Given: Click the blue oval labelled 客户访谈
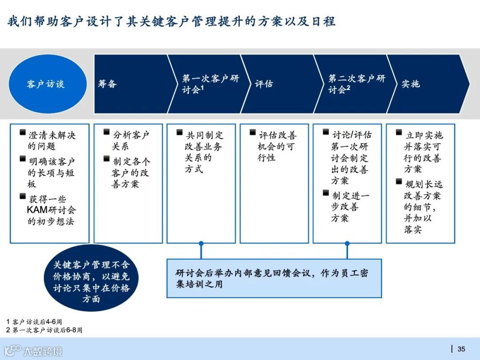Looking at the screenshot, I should coord(48,84).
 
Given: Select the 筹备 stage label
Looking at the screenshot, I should coord(107,84).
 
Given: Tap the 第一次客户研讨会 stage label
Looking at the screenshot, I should coord(210,84).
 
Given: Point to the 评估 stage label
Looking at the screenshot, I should coord(264,84).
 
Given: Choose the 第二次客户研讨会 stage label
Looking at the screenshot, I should coord(356,84).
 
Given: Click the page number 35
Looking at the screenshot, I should coord(461,349).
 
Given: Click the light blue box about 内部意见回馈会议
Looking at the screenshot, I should coord(274,278).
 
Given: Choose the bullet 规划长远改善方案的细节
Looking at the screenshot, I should coord(422,206).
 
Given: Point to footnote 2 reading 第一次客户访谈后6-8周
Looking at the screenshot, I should coord(44,330).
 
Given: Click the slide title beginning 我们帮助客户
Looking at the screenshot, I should coord(172,21).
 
